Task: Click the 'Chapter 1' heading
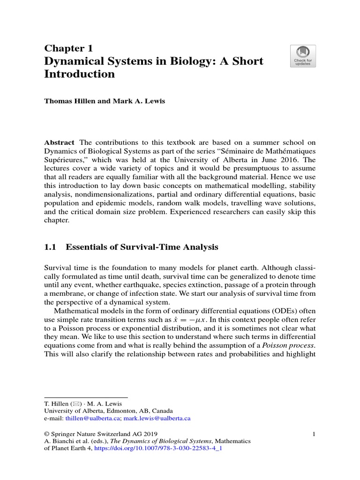(68, 48)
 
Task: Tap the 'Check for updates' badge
(303, 56)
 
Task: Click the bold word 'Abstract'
(60, 142)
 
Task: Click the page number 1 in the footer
(313, 434)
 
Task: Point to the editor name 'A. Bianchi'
(59, 442)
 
